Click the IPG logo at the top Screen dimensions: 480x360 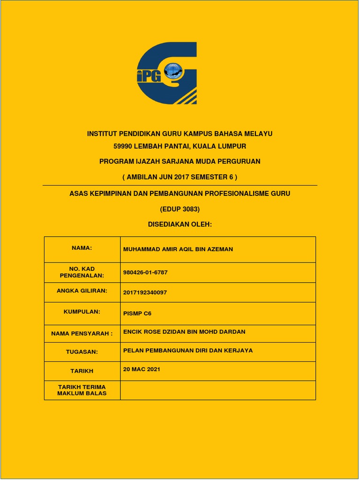pos(167,73)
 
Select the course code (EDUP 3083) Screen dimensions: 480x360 pos(180,209)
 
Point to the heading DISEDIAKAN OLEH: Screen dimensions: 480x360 pos(180,225)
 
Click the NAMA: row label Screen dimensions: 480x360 pos(82,248)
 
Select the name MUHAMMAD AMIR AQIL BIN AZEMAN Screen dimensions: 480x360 pos(178,249)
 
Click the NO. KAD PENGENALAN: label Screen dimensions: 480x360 pos(82,272)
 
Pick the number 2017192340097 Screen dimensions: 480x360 pos(145,292)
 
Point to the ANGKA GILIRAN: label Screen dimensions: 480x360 pos(82,291)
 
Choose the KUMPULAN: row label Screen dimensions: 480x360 pos(82,311)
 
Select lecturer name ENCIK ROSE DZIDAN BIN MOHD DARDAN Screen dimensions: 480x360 pos(184,332)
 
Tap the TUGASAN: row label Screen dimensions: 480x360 pos(82,351)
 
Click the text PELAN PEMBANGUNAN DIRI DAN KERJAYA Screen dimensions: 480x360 pos(187,351)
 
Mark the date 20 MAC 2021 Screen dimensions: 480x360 pos(142,369)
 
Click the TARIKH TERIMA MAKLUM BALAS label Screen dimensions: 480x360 pos(82,390)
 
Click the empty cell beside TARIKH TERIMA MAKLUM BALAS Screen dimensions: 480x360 pos(218,390)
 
